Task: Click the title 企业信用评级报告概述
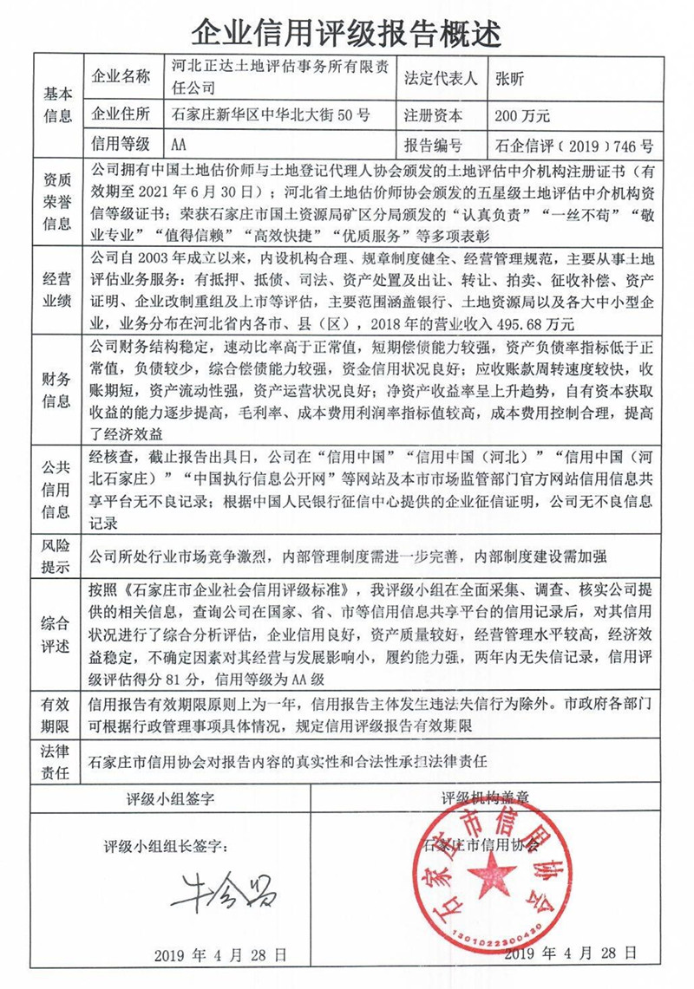pos(347,31)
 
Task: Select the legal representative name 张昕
pos(509,79)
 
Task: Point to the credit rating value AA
pos(180,144)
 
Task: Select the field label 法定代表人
pos(441,79)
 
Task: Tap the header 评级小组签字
pos(170,796)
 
